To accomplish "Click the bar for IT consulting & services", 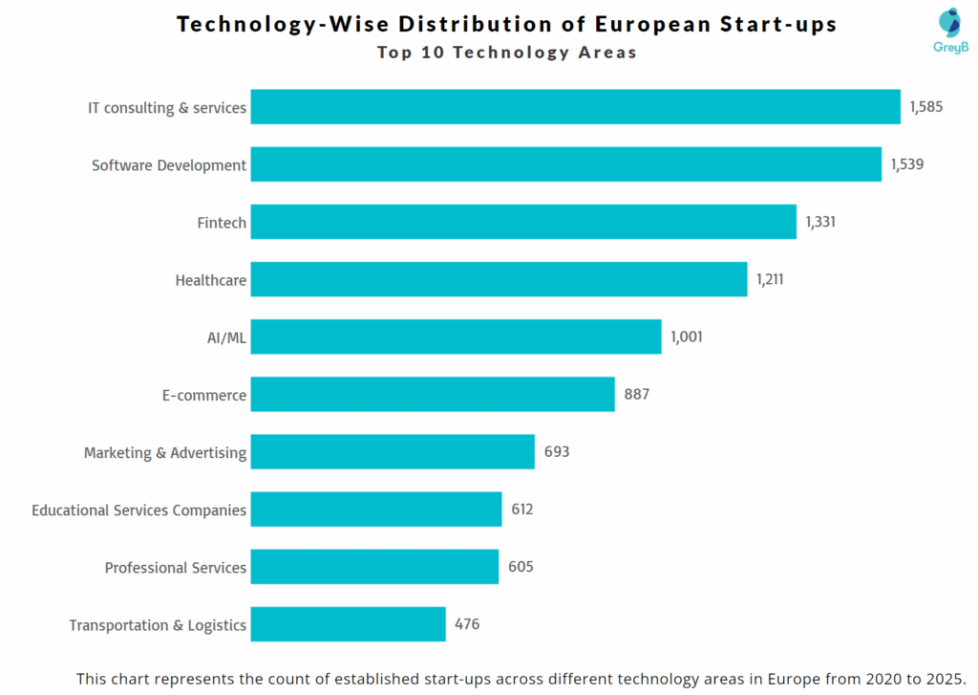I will pyautogui.click(x=575, y=107).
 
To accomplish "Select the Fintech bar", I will pyautogui.click(x=523, y=222).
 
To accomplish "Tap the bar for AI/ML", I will pyautogui.click(x=456, y=337).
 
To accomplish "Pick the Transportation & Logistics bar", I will pyautogui.click(x=348, y=624).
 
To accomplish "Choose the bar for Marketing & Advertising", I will pyautogui.click(x=393, y=451).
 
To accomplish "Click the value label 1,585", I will pyautogui.click(x=925, y=107).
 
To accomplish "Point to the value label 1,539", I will pyautogui.click(x=906, y=164).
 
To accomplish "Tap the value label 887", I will pyautogui.click(x=637, y=394).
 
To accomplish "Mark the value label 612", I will pyautogui.click(x=522, y=510).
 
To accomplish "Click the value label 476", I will pyautogui.click(x=467, y=624).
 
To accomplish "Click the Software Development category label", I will pyautogui.click(x=169, y=165).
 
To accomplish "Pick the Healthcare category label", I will pyautogui.click(x=211, y=280).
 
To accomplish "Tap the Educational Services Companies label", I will pyautogui.click(x=138, y=510).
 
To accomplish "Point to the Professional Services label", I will pyautogui.click(x=176, y=568).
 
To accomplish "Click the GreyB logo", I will pyautogui.click(x=950, y=30).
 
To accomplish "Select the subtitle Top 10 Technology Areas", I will pyautogui.click(x=506, y=53).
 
